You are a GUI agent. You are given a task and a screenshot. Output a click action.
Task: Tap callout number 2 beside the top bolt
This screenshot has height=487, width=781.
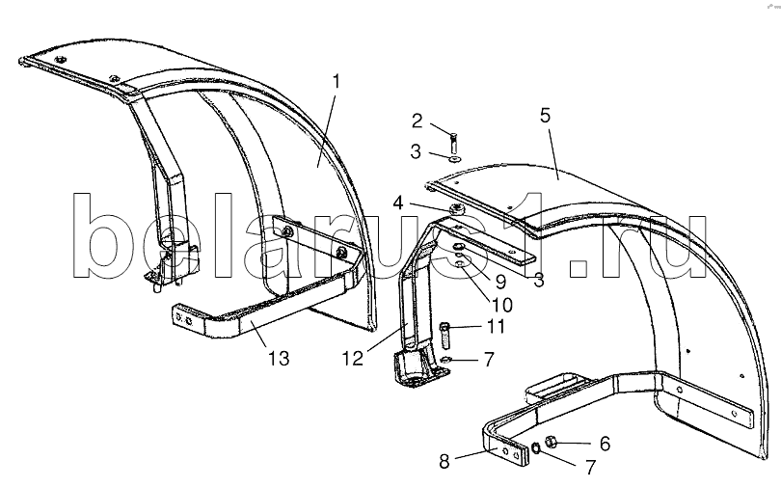point(417,121)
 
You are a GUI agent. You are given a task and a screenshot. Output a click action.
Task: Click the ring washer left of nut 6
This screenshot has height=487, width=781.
point(535,446)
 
